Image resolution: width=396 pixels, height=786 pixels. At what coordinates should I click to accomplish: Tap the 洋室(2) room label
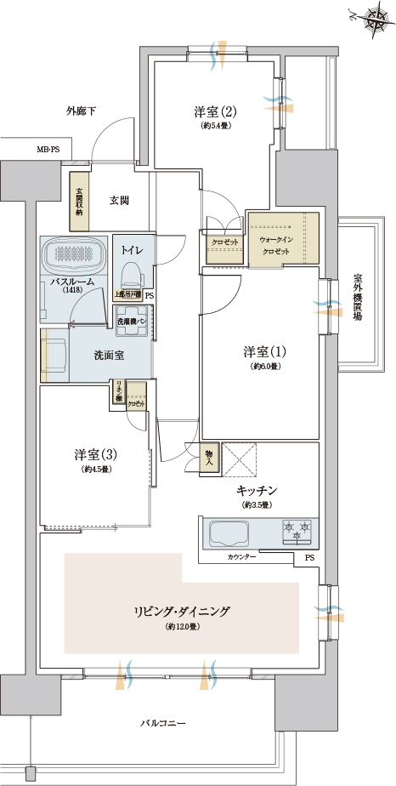pyautogui.click(x=214, y=112)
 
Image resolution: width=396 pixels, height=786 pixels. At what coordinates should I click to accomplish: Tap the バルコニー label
pyautogui.click(x=163, y=723)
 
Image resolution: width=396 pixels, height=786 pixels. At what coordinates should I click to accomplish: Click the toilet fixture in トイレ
pyautogui.click(x=131, y=272)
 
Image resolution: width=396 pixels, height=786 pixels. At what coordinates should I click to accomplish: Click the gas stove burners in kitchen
pyautogui.click(x=296, y=532)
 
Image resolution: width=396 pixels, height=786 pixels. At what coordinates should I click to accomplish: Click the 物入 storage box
pyautogui.click(x=210, y=457)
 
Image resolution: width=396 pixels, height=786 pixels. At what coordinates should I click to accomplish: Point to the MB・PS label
pyautogui.click(x=48, y=151)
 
